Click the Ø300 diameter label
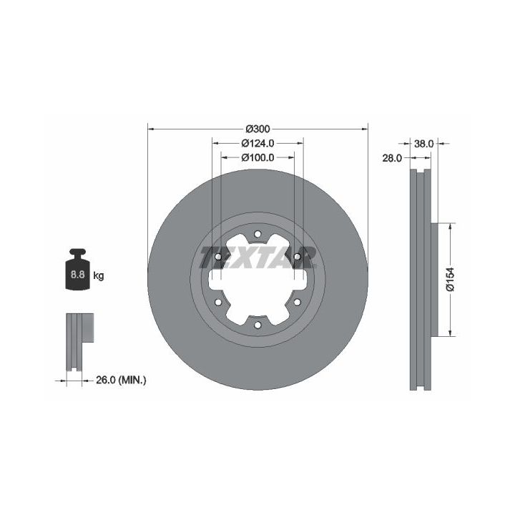pyautogui.click(x=257, y=129)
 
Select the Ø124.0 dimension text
pyautogui.click(x=257, y=144)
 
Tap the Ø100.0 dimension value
pyautogui.click(x=257, y=157)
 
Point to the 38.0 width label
pyautogui.click(x=423, y=144)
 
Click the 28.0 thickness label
pyautogui.click(x=392, y=158)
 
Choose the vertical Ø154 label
pyautogui.click(x=451, y=279)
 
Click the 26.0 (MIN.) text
pyautogui.click(x=121, y=380)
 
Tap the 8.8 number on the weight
pyautogui.click(x=77, y=274)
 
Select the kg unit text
pyautogui.click(x=99, y=275)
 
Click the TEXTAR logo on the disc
pyautogui.click(x=257, y=257)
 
